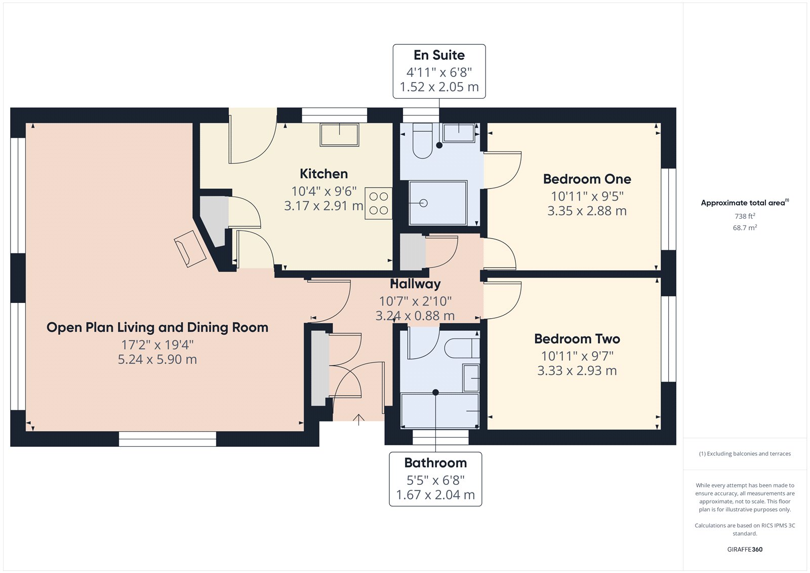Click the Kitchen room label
323,174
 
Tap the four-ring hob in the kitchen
378,203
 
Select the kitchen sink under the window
339,134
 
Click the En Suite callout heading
439,55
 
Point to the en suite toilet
422,142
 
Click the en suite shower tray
437,203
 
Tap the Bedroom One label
587,179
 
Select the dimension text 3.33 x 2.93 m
577,371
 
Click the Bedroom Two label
577,338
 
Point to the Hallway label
415,284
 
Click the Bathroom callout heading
435,463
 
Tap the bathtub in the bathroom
439,410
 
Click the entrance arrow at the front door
358,419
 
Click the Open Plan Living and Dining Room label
157,327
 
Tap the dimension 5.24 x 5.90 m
157,360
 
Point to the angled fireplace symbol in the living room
190,248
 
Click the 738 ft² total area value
745,216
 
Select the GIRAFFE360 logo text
745,549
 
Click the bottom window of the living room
168,439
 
